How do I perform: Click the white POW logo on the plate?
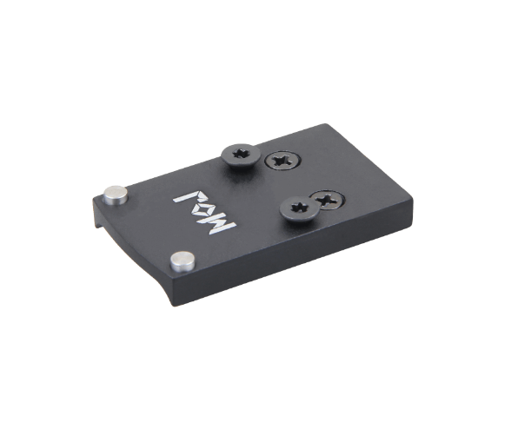click(205, 212)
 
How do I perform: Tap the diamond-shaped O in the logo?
click(205, 211)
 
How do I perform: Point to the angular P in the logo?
click(188, 198)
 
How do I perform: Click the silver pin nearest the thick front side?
click(183, 261)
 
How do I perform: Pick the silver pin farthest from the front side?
click(116, 195)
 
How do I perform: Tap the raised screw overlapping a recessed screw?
click(299, 208)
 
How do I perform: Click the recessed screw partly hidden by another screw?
click(328, 200)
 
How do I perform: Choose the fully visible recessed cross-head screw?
click(283, 161)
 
